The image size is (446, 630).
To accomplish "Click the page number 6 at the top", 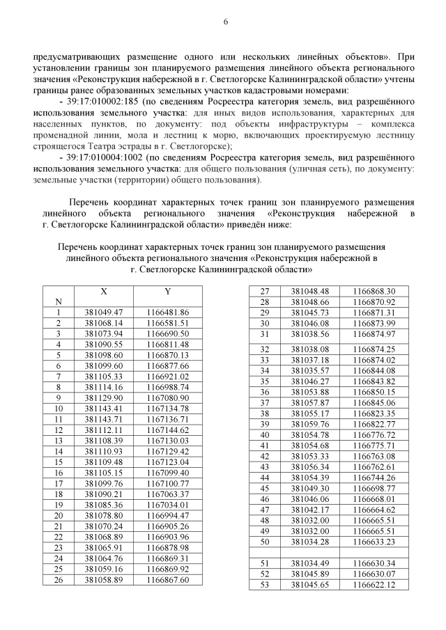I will click(225, 22).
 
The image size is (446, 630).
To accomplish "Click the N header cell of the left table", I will click(59, 301).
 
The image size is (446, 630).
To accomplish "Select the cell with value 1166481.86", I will click(167, 313).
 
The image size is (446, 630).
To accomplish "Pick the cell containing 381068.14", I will click(103, 323).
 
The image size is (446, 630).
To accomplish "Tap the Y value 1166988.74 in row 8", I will click(167, 387).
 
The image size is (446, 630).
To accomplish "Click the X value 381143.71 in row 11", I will click(103, 419).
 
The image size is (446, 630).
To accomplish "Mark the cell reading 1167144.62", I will click(167, 430).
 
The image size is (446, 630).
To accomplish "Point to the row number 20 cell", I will click(59, 515).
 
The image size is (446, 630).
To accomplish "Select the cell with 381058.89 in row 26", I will click(103, 579).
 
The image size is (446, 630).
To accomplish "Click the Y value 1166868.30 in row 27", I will click(374, 291).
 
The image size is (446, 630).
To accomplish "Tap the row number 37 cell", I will click(264, 402).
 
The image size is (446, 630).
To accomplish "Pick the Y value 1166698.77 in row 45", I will click(374, 488).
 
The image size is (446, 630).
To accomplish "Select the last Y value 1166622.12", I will click(374, 585).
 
